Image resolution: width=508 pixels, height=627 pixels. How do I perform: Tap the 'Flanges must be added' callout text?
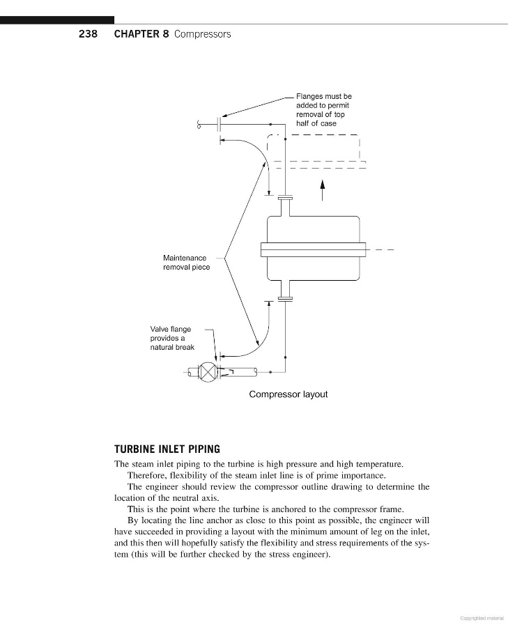[x=324, y=109]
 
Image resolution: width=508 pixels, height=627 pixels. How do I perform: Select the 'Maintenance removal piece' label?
[x=186, y=262]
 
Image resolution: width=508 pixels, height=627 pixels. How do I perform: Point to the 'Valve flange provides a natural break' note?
[x=172, y=338]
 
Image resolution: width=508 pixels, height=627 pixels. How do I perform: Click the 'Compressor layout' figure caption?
[x=288, y=394]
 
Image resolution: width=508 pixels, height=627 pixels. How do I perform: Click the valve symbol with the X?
[x=208, y=372]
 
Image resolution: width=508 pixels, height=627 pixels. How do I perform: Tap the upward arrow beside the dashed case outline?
[x=323, y=189]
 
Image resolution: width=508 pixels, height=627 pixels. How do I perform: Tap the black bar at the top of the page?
[x=57, y=20]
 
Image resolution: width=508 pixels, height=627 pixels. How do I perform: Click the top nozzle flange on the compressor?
[x=285, y=198]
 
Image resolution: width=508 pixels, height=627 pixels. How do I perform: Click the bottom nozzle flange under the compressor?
[x=285, y=300]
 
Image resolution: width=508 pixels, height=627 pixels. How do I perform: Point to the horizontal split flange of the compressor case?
[x=313, y=249]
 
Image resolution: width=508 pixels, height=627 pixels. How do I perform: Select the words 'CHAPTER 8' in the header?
[x=141, y=33]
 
